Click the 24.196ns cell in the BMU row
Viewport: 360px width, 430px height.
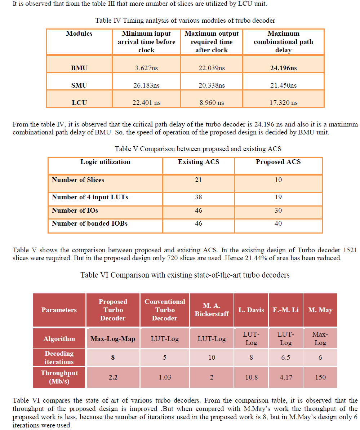pos(283,68)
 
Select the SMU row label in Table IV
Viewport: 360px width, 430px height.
pos(79,85)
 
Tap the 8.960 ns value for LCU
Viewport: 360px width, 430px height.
pos(212,103)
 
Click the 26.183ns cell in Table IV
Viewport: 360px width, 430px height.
pos(146,85)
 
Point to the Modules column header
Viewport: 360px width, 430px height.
pos(79,34)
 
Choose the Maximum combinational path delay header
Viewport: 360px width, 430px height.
pos(283,42)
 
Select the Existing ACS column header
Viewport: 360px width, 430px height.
pos(198,162)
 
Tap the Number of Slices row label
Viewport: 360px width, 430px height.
pos(78,179)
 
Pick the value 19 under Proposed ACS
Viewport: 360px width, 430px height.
pos(278,197)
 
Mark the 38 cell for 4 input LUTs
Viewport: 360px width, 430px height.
pos(198,197)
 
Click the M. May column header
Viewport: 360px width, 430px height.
pos(320,310)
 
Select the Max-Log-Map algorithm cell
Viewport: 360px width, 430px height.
pos(113,339)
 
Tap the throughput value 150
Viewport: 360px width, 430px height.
pos(320,377)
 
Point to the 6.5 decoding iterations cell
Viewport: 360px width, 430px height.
pos(285,358)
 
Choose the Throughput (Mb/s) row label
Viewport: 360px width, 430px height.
pos(59,377)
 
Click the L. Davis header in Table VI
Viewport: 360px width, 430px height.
pos(251,310)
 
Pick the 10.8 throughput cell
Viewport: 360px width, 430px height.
pos(251,377)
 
